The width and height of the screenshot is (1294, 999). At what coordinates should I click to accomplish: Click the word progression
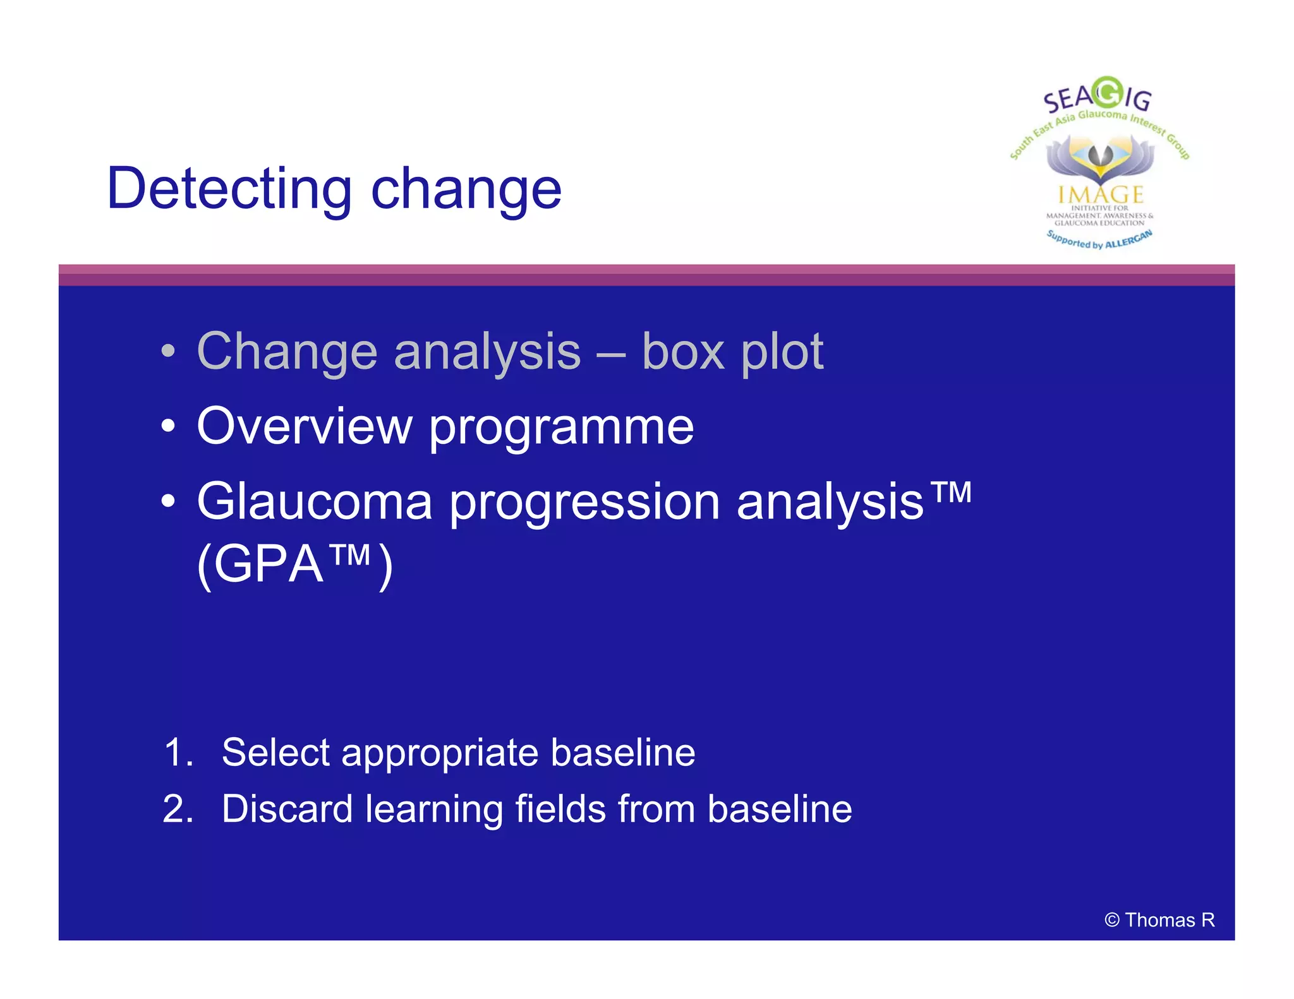[584, 504]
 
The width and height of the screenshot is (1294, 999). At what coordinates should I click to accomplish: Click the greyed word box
[682, 352]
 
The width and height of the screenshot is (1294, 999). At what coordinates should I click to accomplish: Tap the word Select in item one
[275, 753]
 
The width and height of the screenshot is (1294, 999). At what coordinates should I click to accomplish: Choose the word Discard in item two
[287, 809]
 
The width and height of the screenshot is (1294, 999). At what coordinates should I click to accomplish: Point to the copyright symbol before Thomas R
[1112, 920]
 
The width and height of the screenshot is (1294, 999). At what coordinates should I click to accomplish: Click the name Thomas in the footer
[1160, 920]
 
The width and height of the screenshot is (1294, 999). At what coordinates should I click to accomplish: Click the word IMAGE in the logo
[1101, 194]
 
